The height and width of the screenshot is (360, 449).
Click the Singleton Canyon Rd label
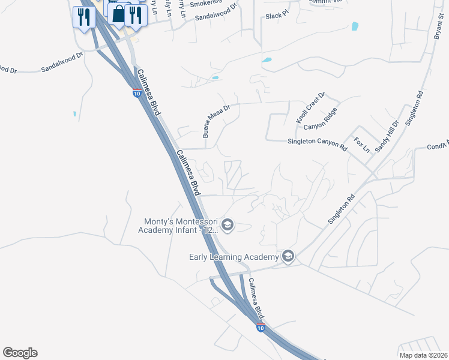[318, 145]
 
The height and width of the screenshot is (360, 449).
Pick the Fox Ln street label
[361, 145]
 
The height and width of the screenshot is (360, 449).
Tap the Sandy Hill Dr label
[386, 136]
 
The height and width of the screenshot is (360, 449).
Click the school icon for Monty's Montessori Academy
[227, 225]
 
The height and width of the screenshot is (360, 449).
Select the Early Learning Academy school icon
[288, 257]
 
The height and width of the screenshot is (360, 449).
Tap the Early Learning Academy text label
[235, 257]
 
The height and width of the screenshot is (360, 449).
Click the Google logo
[20, 353]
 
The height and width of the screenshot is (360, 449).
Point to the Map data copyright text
[423, 355]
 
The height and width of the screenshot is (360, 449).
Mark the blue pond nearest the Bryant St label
[355, 26]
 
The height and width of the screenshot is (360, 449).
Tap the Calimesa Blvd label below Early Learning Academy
[256, 299]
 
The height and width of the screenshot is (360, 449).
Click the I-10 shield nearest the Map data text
[260, 328]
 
